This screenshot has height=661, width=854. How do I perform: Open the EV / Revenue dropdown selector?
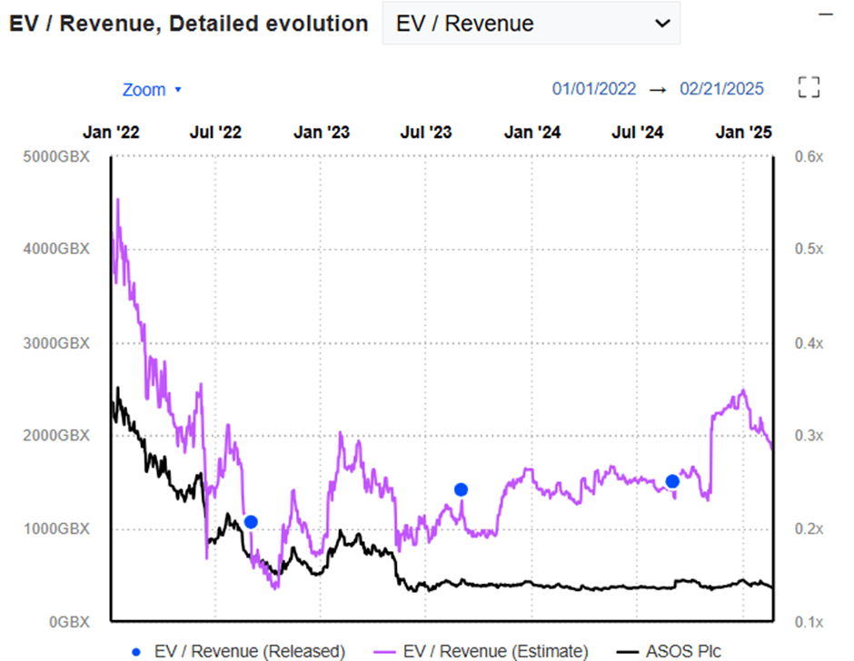[x=531, y=24]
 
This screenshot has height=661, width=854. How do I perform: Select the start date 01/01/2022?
[x=594, y=89]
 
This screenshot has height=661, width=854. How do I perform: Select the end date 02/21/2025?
[x=722, y=89]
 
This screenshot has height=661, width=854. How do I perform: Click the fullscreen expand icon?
[x=808, y=87]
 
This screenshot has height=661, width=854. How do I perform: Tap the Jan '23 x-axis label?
[x=321, y=133]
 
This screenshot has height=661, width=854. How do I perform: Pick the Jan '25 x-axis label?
[x=743, y=133]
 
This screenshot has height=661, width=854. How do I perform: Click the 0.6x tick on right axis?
[x=808, y=156]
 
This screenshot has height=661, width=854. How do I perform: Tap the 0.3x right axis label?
[x=808, y=436]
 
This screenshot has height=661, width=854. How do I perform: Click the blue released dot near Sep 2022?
[x=251, y=521]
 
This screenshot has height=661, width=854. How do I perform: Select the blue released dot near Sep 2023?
[x=461, y=489]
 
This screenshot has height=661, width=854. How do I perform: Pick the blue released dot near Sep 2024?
[x=672, y=481]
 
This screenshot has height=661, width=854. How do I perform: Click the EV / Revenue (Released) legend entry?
[x=238, y=651]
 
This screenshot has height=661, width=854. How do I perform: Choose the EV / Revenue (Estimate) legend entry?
[x=482, y=651]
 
